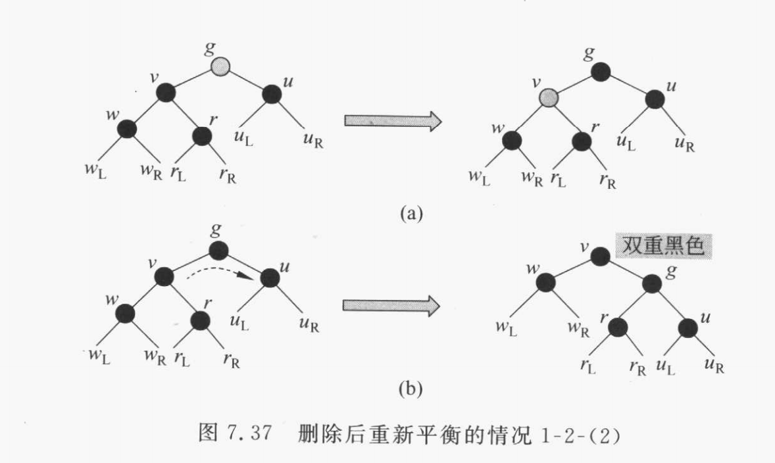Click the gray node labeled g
click(x=221, y=66)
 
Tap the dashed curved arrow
click(x=218, y=272)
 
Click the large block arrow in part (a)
click(x=392, y=120)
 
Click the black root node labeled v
click(x=599, y=256)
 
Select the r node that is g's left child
click(x=618, y=326)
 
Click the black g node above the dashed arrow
click(x=218, y=250)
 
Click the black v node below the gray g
click(x=166, y=93)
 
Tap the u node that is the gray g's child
click(x=272, y=95)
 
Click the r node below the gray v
click(x=582, y=140)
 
